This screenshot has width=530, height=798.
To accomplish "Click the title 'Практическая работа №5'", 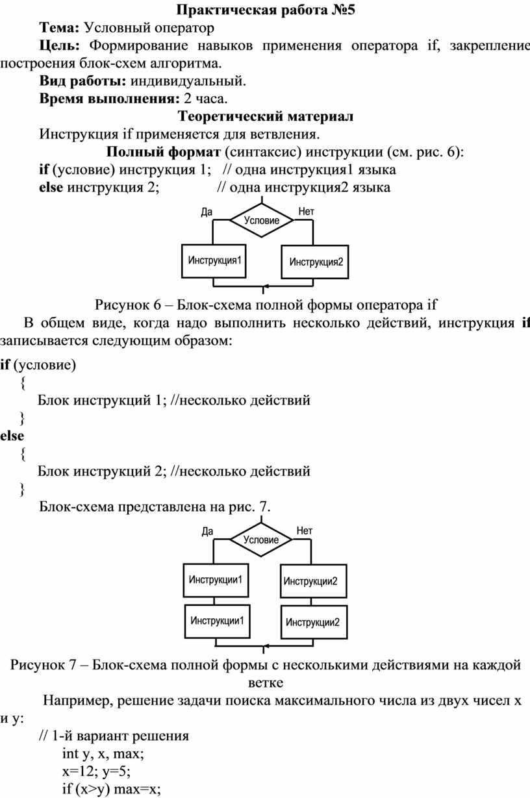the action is coord(266,10).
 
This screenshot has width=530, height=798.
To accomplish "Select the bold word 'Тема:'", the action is coord(59,28).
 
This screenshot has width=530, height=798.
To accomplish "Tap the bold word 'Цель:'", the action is coord(60,45).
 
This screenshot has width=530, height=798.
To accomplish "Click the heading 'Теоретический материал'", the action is coord(266,116).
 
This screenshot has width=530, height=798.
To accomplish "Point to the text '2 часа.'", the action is coord(206,99).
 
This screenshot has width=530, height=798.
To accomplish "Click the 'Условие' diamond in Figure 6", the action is coord(262,220).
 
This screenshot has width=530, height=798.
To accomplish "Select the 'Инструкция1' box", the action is coord(214,261).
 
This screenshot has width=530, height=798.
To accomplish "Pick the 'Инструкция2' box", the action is coord(315,262).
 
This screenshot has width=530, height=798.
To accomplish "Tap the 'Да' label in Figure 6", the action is coord(207,212).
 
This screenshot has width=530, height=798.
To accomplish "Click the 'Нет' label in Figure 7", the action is coord(304,531).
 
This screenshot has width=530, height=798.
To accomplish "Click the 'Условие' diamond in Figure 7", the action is coord(261,540).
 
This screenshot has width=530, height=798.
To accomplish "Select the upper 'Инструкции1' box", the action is coord(216,580).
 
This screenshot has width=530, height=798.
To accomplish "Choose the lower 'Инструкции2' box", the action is coord(314,622).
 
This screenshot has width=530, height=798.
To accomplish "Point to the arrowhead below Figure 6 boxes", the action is coord(264,286).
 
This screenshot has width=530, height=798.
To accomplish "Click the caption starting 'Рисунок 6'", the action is coord(266,305).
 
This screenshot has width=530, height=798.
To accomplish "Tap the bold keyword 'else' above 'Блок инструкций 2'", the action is coord(12,436).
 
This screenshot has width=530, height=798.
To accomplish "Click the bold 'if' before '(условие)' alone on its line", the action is coord(5,364).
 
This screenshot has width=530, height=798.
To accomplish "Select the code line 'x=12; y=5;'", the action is coord(96,771).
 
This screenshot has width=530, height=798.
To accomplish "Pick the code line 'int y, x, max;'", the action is coord(103,754).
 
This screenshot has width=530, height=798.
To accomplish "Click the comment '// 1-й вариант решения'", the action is coord(114,736).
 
